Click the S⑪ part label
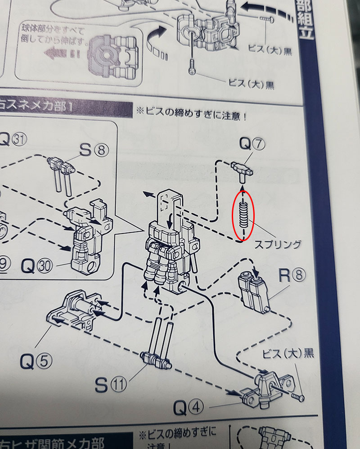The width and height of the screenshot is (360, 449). (x=110, y=384)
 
